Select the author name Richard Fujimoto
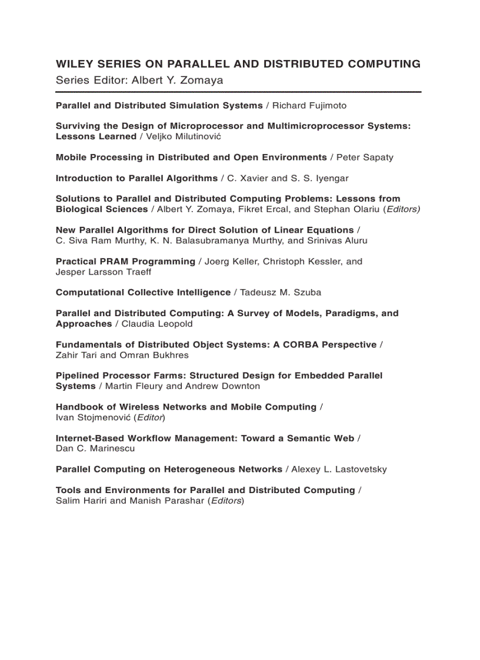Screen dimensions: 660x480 click(309, 106)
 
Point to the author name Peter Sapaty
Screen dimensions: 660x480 click(365, 158)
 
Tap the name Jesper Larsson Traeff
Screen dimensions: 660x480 click(103, 272)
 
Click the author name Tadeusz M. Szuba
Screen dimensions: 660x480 click(281, 292)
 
